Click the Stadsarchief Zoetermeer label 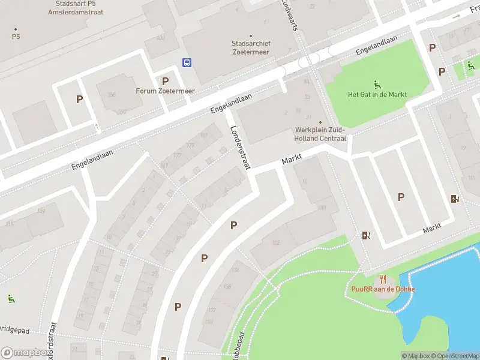tap(250, 48)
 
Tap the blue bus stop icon tap(187, 62)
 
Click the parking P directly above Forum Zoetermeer tap(165, 81)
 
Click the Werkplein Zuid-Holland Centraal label tap(320, 134)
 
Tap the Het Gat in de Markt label tap(377, 95)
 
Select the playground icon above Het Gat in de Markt tap(377, 83)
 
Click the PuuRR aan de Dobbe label tap(383, 289)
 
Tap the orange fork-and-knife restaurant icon tap(383, 278)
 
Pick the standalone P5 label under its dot tap(16, 37)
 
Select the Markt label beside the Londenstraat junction tap(292, 160)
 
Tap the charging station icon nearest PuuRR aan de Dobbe tap(365, 236)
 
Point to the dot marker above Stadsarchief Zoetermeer tap(250, 36)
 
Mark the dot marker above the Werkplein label tap(320, 122)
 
